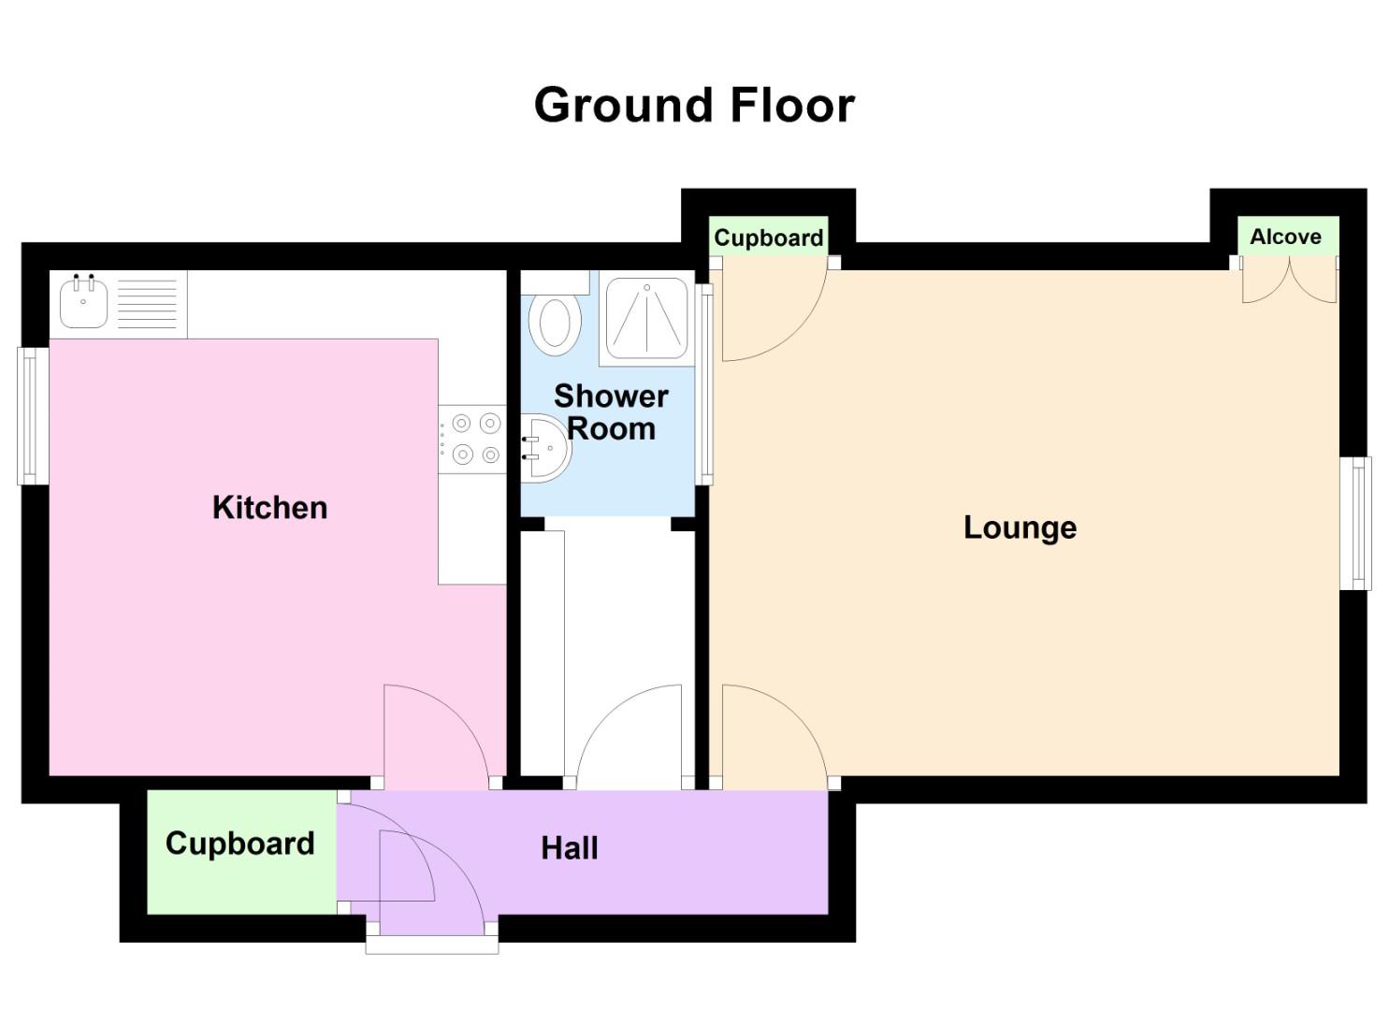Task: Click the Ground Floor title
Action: click(x=694, y=105)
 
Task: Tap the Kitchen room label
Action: click(x=269, y=508)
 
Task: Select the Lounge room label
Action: click(x=1020, y=527)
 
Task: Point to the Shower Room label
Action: click(x=610, y=411)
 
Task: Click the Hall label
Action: click(x=569, y=848)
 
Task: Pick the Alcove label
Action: click(x=1285, y=237)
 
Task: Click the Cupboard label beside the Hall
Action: click(x=239, y=844)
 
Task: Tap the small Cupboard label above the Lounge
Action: click(x=768, y=238)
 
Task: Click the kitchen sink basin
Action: click(x=83, y=302)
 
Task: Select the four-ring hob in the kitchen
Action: click(x=474, y=439)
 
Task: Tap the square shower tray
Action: click(x=645, y=317)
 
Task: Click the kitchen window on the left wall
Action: click(x=34, y=416)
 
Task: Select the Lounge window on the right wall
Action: click(x=1355, y=523)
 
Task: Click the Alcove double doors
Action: click(x=1289, y=281)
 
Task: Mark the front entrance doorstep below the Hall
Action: click(x=431, y=943)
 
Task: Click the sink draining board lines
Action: click(x=148, y=304)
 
